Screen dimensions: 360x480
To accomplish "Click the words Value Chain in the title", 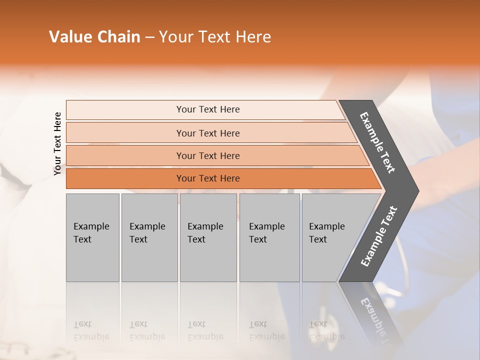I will [x=94, y=37].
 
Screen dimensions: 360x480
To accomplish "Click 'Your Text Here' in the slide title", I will [x=214, y=37].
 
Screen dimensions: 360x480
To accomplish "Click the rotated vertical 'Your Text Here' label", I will [x=57, y=143].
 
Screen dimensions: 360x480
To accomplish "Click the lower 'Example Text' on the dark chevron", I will [x=379, y=236].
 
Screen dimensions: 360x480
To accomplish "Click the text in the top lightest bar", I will [x=208, y=109].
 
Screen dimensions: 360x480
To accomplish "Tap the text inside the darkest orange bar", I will [x=208, y=178].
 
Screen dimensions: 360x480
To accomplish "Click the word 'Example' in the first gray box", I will [x=91, y=226].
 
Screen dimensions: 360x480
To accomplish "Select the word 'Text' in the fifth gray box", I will [x=317, y=239].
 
